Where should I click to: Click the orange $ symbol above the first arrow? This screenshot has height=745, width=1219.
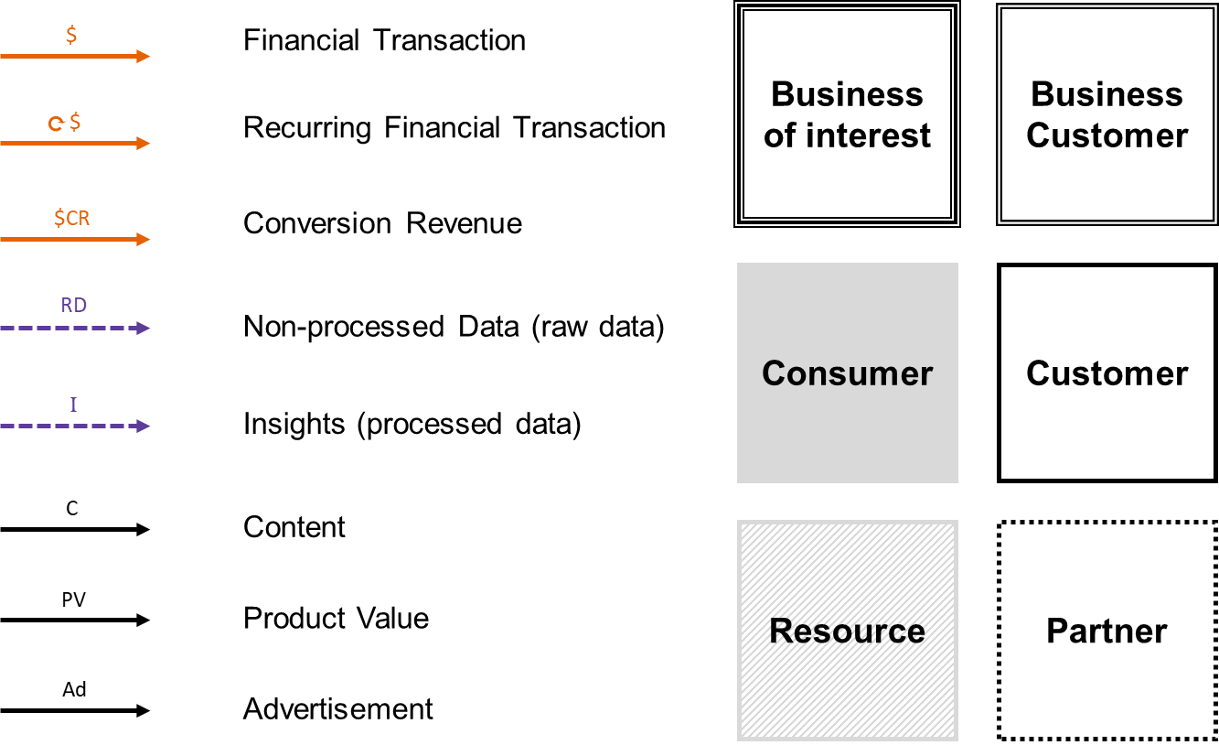pyautogui.click(x=71, y=35)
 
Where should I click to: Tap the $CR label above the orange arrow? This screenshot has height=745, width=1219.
pyautogui.click(x=71, y=218)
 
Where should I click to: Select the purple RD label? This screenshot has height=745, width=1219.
pyautogui.click(x=73, y=305)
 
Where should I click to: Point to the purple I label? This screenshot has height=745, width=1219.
pyautogui.click(x=73, y=405)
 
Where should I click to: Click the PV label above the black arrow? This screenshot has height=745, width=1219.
pyautogui.click(x=73, y=600)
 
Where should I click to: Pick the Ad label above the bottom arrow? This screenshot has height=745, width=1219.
pyautogui.click(x=74, y=689)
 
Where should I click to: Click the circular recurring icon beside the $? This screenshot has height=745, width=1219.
pyautogui.click(x=56, y=124)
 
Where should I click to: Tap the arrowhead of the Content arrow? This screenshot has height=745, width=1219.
pyautogui.click(x=143, y=529)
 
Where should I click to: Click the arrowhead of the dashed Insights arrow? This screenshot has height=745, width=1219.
pyautogui.click(x=143, y=426)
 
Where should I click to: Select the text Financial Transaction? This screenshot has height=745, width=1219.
pyautogui.click(x=384, y=40)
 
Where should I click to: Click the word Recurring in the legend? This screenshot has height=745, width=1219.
pyautogui.click(x=307, y=128)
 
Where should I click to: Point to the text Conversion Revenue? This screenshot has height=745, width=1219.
pyautogui.click(x=382, y=223)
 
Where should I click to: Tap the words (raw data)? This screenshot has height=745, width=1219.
pyautogui.click(x=598, y=328)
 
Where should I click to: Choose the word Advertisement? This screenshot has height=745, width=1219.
pyautogui.click(x=338, y=709)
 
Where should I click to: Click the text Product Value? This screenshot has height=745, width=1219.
pyautogui.click(x=336, y=618)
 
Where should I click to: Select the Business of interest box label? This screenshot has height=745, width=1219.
pyautogui.click(x=848, y=114)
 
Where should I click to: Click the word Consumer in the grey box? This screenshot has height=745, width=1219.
pyautogui.click(x=848, y=373)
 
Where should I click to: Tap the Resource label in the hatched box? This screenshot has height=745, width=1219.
pyautogui.click(x=848, y=632)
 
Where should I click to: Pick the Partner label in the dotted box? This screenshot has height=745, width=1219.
pyautogui.click(x=1107, y=632)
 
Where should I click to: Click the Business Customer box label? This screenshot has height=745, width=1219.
pyautogui.click(x=1107, y=114)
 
